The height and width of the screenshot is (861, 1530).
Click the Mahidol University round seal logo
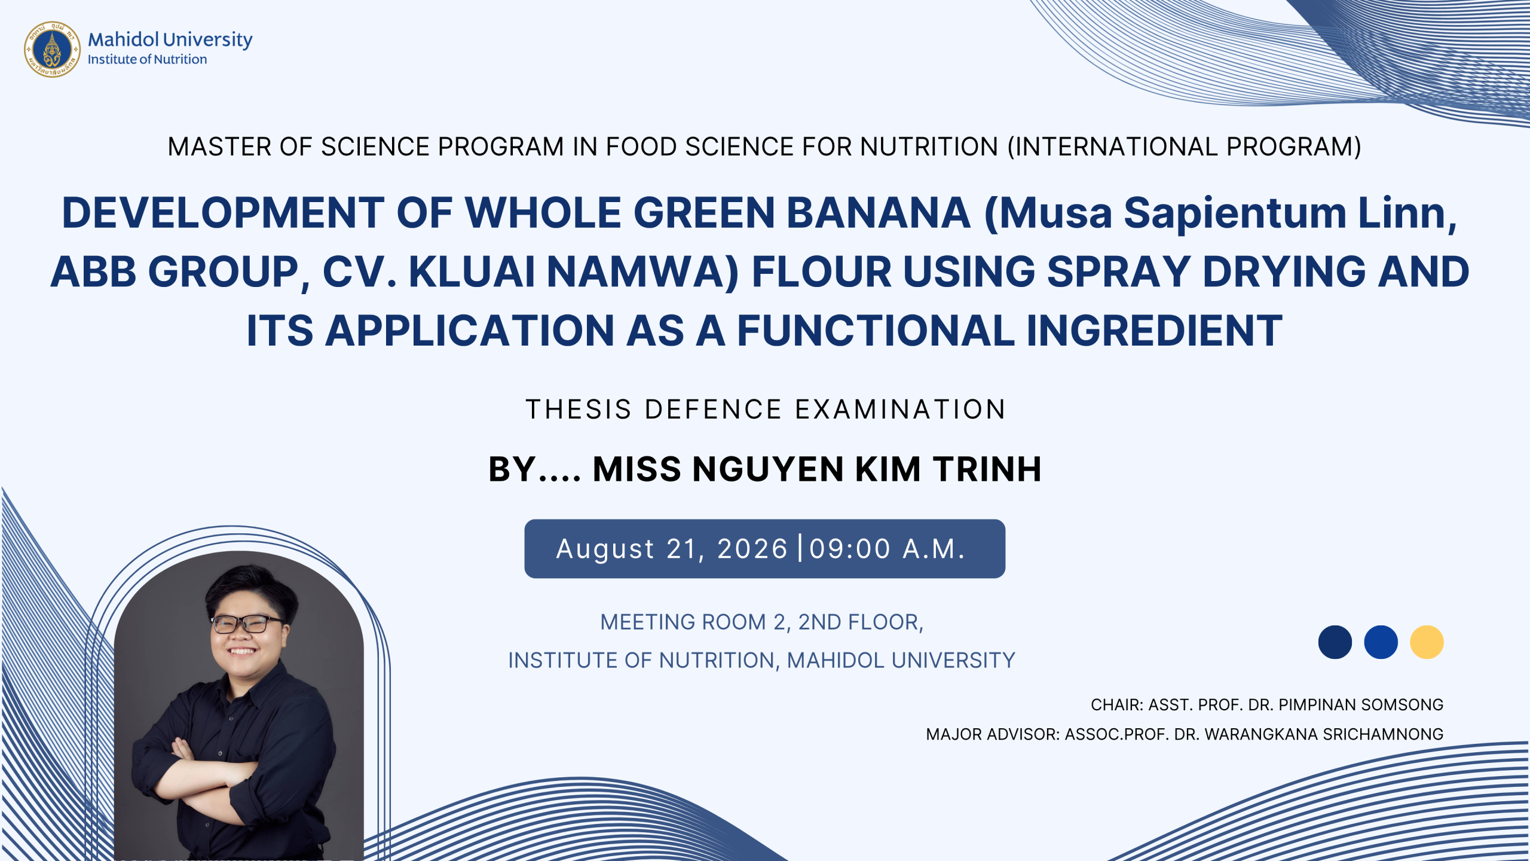[53, 49]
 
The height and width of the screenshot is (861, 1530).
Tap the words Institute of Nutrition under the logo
[147, 59]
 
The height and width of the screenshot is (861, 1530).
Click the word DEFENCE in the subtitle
[714, 410]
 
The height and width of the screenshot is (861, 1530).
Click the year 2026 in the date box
[752, 549]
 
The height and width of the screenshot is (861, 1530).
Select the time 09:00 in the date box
[850, 549]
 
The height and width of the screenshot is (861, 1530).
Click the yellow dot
[1427, 642]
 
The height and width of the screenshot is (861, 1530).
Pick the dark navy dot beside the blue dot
[1335, 642]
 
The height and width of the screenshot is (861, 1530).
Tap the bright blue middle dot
[1381, 642]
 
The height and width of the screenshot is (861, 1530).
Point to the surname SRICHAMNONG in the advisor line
[1383, 734]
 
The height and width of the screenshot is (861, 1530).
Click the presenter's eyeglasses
[247, 624]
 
